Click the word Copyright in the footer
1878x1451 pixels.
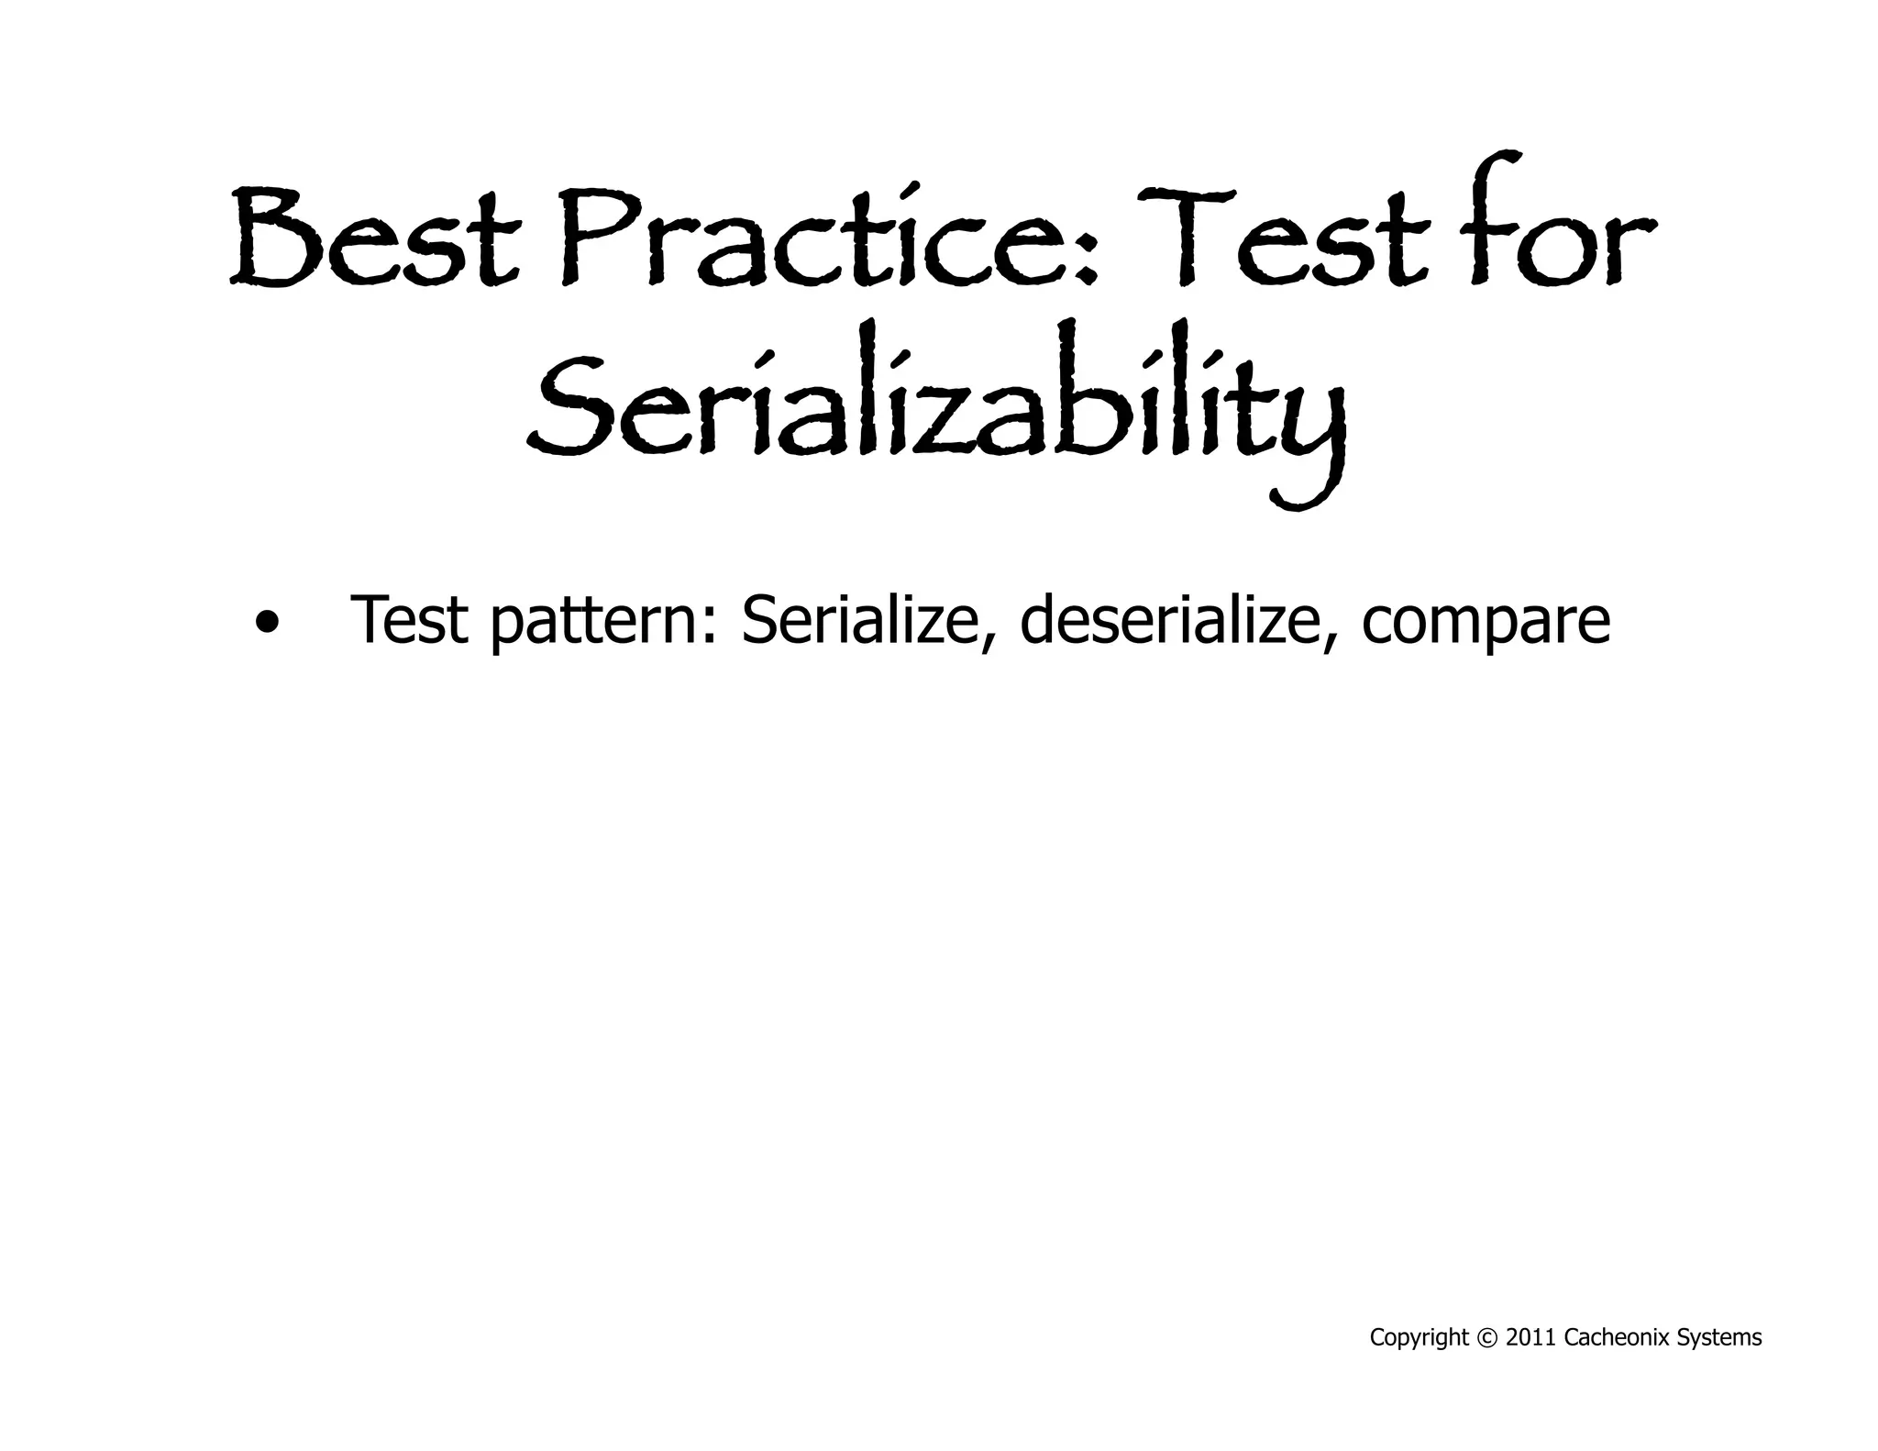(1419, 1338)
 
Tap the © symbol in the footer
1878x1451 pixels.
(1486, 1338)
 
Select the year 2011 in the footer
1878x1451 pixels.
(1530, 1338)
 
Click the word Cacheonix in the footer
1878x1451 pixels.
(1618, 1338)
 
